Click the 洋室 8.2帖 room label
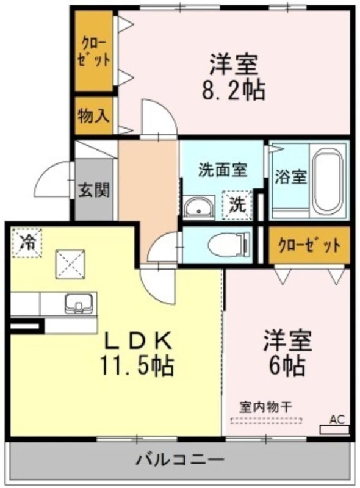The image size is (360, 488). (233, 77)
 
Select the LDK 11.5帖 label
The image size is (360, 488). (137, 353)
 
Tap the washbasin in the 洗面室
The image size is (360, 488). (199, 206)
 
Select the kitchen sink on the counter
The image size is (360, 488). (79, 303)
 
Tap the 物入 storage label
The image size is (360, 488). (93, 116)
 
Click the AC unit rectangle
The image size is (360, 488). (334, 430)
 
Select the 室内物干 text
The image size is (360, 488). (265, 407)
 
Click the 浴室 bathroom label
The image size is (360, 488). (291, 177)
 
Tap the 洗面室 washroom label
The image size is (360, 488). (223, 170)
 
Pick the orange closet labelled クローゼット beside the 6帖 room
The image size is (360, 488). (309, 245)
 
